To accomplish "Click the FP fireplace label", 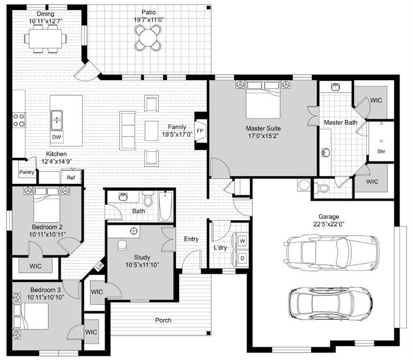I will (200, 131).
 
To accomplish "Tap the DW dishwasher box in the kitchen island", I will (57, 136).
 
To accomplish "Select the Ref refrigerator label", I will (71, 178).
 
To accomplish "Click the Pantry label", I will (27, 172).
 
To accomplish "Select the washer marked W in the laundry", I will (243, 241).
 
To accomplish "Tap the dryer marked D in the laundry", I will (243, 258).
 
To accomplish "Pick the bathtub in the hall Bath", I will (166, 206).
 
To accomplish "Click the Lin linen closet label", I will (99, 266).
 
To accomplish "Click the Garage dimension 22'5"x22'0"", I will (329, 224).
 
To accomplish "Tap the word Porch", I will (163, 320).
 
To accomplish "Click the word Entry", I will (191, 239).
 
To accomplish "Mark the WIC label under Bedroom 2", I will (35, 266).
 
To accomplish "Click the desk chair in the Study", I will (123, 245).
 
